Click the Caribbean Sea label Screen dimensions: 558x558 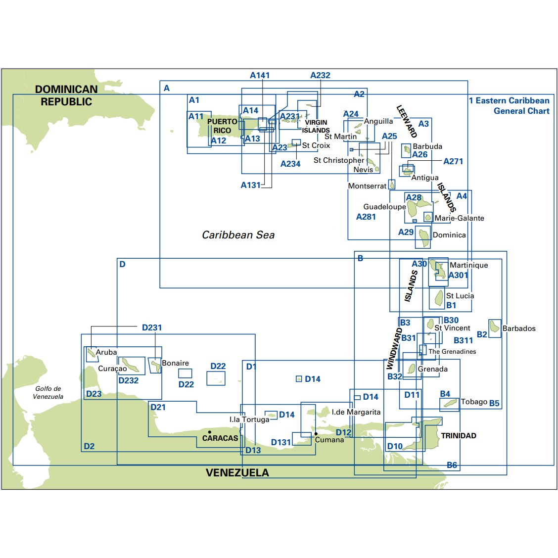(x=238, y=235)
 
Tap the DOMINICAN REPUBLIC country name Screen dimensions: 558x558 (x=66, y=95)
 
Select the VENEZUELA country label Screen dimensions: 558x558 (x=237, y=473)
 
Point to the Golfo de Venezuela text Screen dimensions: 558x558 (x=48, y=393)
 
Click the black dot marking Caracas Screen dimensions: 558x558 (x=210, y=432)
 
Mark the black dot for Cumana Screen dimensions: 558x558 (x=316, y=434)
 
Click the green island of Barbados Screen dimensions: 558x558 (x=494, y=326)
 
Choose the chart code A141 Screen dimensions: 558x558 (x=260, y=75)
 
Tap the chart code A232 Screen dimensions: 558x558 (x=320, y=75)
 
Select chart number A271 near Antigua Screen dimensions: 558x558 (x=453, y=161)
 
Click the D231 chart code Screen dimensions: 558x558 (x=152, y=327)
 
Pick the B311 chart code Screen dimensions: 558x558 (x=463, y=340)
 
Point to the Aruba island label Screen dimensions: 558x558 (x=106, y=352)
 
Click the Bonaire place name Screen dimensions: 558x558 (x=175, y=363)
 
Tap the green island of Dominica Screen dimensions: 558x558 (x=424, y=237)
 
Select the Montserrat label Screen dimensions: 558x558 (x=367, y=186)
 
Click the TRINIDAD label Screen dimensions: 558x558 (x=459, y=436)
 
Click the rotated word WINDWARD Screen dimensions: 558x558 (x=394, y=348)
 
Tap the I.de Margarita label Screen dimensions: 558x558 (x=356, y=412)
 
